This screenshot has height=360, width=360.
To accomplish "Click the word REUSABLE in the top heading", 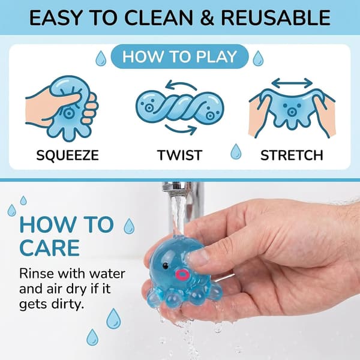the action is [276, 18].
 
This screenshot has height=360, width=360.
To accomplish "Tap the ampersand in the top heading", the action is [207, 18].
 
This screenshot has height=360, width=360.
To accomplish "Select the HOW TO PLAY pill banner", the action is [180, 56].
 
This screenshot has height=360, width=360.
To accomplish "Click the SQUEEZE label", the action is [67, 155].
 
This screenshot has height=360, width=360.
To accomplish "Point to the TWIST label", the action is [179, 155].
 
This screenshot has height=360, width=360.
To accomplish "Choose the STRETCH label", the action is [292, 155].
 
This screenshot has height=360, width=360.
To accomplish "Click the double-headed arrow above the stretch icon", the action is [292, 83].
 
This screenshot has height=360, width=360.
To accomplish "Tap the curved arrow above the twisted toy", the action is [181, 85].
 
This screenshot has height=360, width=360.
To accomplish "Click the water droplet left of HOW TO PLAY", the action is [101, 58].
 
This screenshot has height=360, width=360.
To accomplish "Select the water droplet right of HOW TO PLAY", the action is [258, 58].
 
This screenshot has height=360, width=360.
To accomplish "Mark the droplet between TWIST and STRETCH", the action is [236, 152].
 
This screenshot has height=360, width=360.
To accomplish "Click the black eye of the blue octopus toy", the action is [166, 266].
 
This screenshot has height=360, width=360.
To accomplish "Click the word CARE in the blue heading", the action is [50, 248].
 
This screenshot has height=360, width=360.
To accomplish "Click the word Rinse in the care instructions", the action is [37, 274].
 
